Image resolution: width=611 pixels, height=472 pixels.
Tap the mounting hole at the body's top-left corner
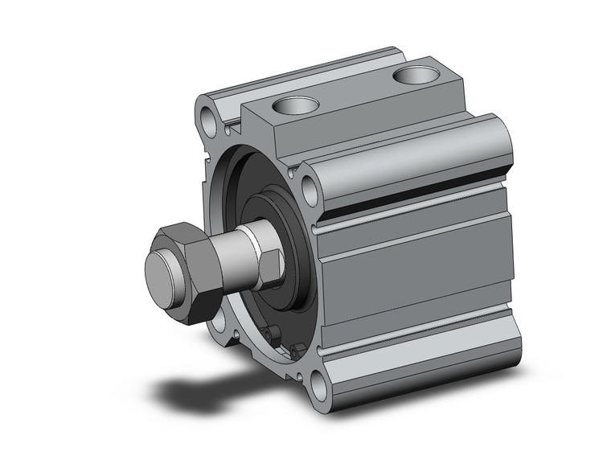(211, 120)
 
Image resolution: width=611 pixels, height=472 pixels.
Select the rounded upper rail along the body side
(410, 161)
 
